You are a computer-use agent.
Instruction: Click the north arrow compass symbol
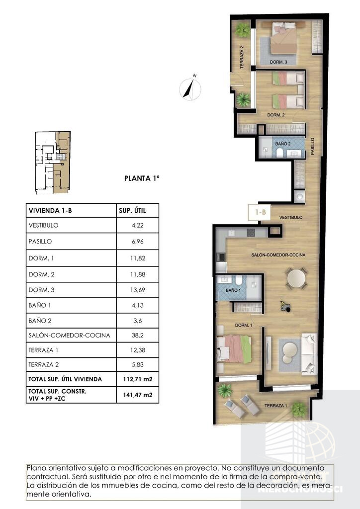point(190,87)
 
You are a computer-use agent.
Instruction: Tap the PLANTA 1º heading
point(142,178)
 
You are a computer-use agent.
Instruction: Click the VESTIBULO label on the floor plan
point(291,217)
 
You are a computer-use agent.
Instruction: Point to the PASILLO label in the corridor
point(312,146)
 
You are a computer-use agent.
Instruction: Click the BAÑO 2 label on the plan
point(283,144)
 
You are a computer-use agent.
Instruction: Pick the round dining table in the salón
point(297,278)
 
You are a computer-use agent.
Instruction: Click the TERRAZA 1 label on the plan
point(275,406)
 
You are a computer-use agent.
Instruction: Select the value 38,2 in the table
point(138,336)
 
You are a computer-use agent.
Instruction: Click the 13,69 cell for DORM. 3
point(138,290)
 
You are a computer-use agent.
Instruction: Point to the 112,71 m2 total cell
point(138,379)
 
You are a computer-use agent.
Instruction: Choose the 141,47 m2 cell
point(138,395)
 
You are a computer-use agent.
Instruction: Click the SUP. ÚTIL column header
point(132,211)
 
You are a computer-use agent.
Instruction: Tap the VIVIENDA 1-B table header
point(50,211)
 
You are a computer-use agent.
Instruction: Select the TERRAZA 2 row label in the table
point(43,364)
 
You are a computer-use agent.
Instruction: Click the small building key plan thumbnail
point(53,163)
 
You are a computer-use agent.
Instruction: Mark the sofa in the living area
point(308,353)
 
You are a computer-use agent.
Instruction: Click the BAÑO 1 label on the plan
point(233,290)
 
